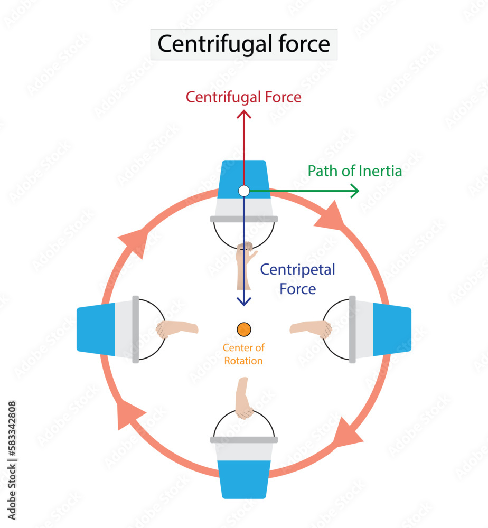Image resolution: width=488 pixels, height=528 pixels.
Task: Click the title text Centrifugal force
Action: tap(243, 44)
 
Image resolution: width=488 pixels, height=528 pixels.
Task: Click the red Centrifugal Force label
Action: tap(243, 97)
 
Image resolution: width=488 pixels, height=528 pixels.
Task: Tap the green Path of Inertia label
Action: tap(354, 171)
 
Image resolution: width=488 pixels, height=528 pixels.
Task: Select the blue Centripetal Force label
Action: tap(298, 279)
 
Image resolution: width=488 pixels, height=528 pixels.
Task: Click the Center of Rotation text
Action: tap(243, 354)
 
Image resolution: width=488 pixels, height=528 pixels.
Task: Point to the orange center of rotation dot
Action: tap(243, 329)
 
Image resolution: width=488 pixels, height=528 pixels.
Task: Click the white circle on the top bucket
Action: tap(243, 191)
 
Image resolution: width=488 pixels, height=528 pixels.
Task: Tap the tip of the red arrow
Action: tap(243, 112)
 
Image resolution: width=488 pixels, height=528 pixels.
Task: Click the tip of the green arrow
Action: tap(358, 191)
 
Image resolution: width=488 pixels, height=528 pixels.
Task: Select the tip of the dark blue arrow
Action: tap(243, 305)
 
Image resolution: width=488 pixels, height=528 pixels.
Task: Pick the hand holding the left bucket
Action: tap(174, 329)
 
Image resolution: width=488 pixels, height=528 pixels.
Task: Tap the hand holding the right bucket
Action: tap(313, 328)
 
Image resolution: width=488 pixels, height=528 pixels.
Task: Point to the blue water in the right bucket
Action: tap(391, 329)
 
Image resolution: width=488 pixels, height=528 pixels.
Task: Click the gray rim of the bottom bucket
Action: tap(243, 439)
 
